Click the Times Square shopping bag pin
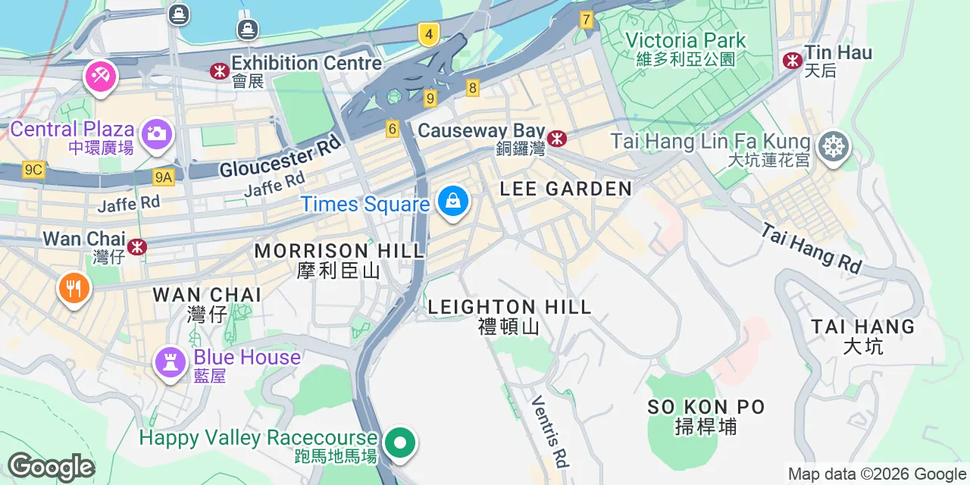(452, 202)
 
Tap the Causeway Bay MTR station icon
(557, 138)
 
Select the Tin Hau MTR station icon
(793, 60)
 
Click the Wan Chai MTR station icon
(137, 247)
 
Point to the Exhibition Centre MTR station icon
(220, 70)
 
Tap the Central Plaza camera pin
(157, 134)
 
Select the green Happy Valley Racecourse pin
(399, 443)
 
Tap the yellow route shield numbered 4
(429, 34)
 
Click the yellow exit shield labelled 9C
(33, 170)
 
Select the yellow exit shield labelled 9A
(163, 177)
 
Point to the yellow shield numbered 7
(586, 20)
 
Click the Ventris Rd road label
(550, 430)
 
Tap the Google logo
(51, 467)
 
